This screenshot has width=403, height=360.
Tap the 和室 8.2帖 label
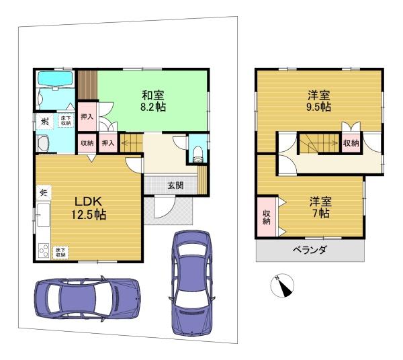click(x=154, y=101)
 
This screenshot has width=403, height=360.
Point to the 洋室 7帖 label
click(x=319, y=206)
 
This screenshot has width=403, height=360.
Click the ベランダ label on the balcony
click(x=310, y=251)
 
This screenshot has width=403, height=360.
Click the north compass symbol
click(x=283, y=285)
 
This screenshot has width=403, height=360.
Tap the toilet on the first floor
click(x=197, y=153)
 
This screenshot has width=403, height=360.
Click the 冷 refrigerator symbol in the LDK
click(x=42, y=192)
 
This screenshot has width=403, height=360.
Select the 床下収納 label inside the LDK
click(x=61, y=251)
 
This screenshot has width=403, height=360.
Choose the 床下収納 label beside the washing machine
click(x=65, y=121)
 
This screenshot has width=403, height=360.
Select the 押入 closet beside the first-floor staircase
click(x=108, y=142)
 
